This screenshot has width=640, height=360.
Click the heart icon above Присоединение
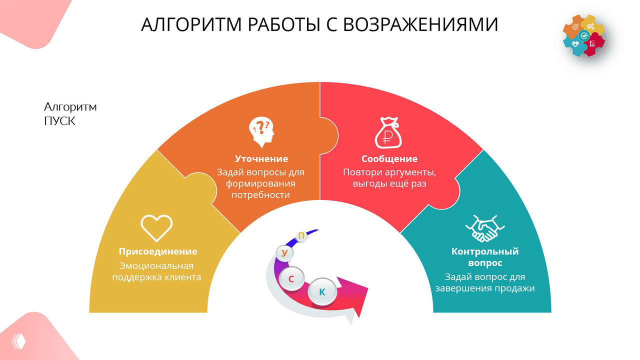click(x=156, y=228)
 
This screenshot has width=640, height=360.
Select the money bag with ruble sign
click(x=388, y=132)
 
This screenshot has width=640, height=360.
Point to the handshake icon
click(x=484, y=228)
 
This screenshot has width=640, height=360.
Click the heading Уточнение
click(x=261, y=159)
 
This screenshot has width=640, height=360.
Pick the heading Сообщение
click(x=389, y=159)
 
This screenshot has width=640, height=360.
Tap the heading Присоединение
click(x=158, y=251)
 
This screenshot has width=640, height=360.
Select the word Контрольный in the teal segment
click(x=485, y=251)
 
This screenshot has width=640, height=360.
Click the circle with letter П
click(x=301, y=236)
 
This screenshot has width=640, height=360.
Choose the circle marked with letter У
click(x=284, y=253)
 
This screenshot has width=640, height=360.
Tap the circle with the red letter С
click(x=291, y=279)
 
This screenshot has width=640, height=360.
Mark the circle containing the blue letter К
click(x=322, y=292)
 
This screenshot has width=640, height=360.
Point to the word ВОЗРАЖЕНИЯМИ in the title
click(x=427, y=24)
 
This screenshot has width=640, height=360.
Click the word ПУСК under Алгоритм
click(x=59, y=121)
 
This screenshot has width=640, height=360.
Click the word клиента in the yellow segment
click(x=182, y=277)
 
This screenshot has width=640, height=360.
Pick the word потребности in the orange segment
click(x=260, y=194)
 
